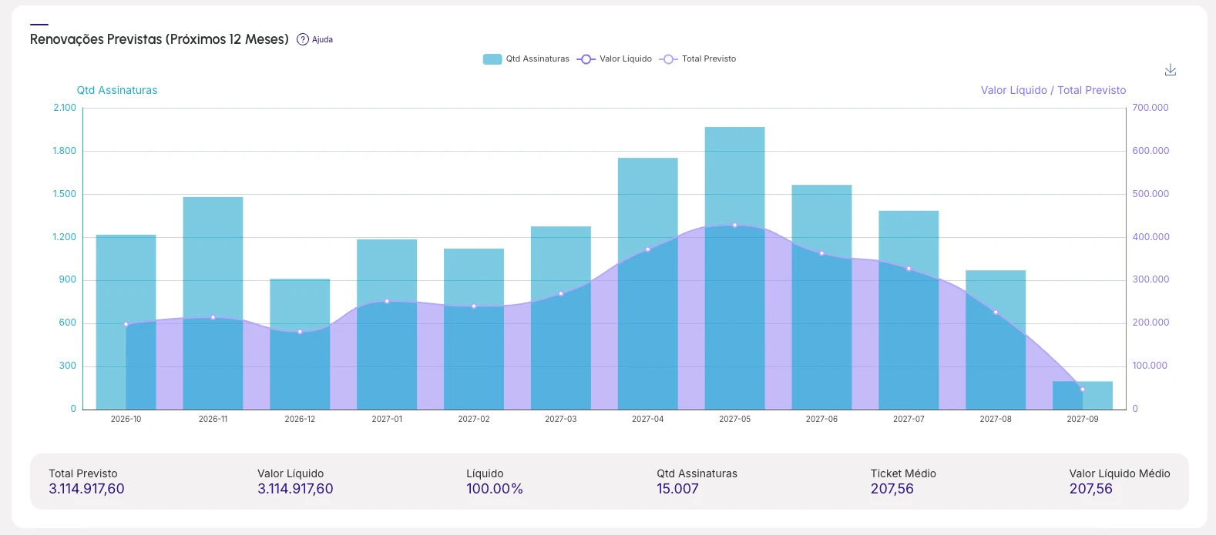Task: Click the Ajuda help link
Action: [315, 39]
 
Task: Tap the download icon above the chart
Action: [1171, 70]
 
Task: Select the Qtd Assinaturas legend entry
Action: [526, 59]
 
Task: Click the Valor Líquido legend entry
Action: [614, 59]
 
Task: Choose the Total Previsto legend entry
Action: [697, 59]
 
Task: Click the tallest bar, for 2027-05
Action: [734, 269]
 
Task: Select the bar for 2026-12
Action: [300, 344]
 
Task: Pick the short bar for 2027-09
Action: [1083, 395]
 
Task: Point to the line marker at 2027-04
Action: [647, 249]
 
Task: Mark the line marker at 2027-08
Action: [996, 313]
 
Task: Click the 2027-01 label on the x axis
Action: [387, 419]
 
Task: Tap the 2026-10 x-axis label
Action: [126, 419]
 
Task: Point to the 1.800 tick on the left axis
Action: [65, 151]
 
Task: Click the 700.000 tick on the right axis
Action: [1150, 108]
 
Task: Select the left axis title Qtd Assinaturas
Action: [116, 90]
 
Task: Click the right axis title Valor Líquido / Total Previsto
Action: [1053, 90]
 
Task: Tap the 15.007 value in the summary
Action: [677, 489]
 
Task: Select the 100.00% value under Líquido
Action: [495, 489]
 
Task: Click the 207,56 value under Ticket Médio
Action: [892, 489]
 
